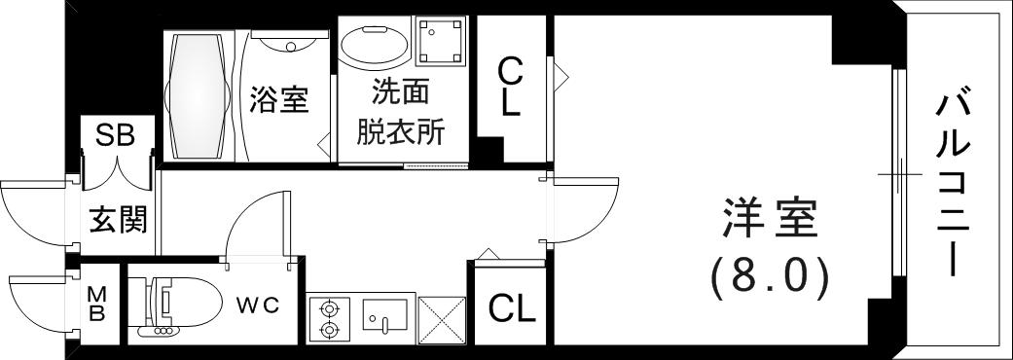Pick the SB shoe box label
pyautogui.click(x=115, y=136)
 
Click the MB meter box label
pyautogui.click(x=97, y=304)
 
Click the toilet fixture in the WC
pyautogui.click(x=170, y=306)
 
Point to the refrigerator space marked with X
pyautogui.click(x=441, y=318)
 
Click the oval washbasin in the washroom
pyautogui.click(x=376, y=46)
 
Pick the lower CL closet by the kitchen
pyautogui.click(x=511, y=308)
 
